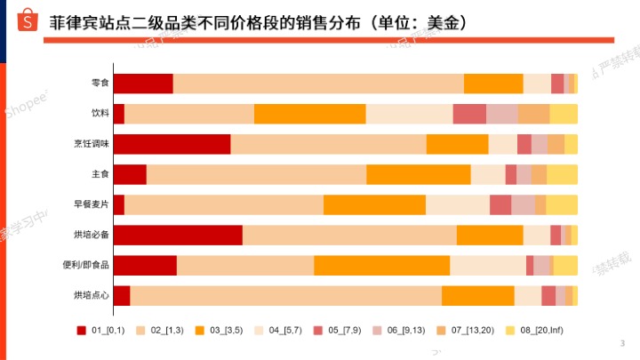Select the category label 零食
coord(100,84)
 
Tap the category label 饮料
coord(100,114)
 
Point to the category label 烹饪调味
coord(92,144)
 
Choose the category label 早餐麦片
coord(92,204)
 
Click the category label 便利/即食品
coord(89,265)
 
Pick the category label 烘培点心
coord(92,295)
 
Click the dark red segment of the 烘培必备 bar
coord(178,235)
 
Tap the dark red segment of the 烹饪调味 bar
coord(172,144)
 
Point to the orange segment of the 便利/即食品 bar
coord(381,265)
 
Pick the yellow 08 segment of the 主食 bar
coord(562,174)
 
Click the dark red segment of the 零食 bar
coord(143,84)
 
